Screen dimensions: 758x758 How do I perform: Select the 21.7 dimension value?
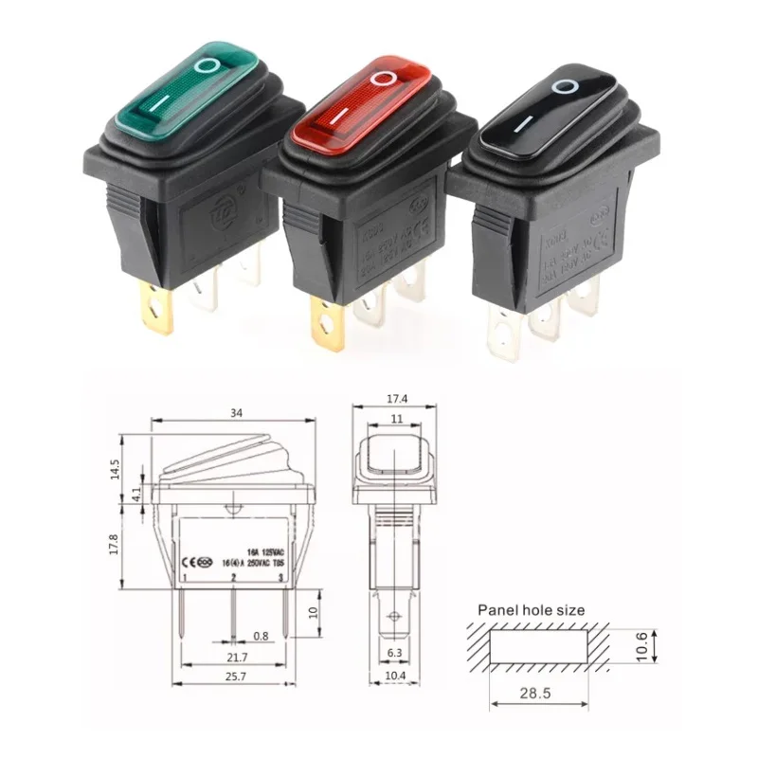[x=232, y=657]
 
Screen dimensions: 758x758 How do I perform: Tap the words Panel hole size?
[x=531, y=610]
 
